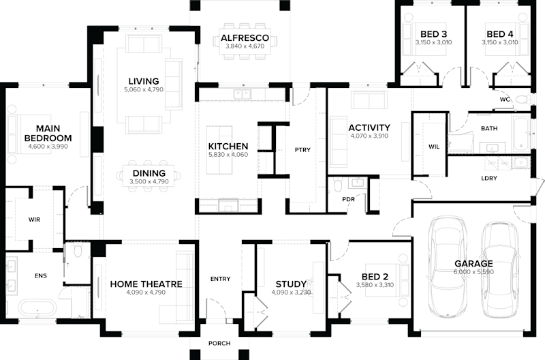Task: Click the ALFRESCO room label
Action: pos(245,37)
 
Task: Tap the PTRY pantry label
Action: pos(302,150)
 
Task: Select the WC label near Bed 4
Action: pos(505,100)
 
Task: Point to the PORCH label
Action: pos(220,343)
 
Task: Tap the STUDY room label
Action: pos(291,284)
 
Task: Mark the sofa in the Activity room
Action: pos(369,101)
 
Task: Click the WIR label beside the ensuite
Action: pos(35,220)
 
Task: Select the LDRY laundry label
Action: pos(488,179)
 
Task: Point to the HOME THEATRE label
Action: pos(146,284)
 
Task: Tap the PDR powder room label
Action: pos(348,200)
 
